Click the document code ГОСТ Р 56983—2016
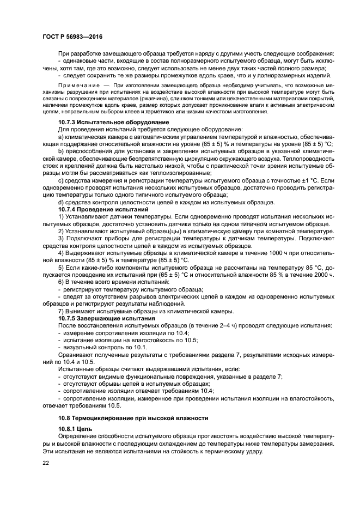(x=72, y=37)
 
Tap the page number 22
(x=46, y=463)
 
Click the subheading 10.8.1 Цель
(x=75, y=429)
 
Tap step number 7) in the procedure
(x=61, y=311)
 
